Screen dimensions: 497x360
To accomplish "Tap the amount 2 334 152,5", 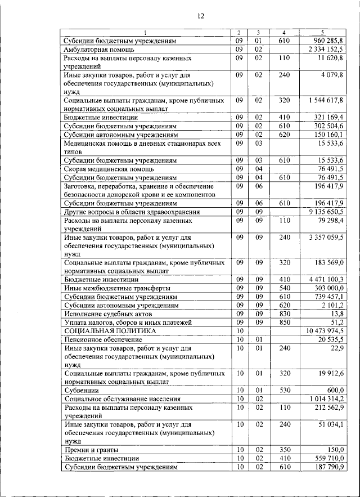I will coord(326,50).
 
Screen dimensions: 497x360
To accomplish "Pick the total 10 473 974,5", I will coord(325,331).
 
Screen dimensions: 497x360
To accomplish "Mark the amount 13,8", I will coord(336,313).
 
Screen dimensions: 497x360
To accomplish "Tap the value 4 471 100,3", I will coord(326,279).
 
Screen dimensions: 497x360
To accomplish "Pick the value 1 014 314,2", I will coord(326,398).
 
